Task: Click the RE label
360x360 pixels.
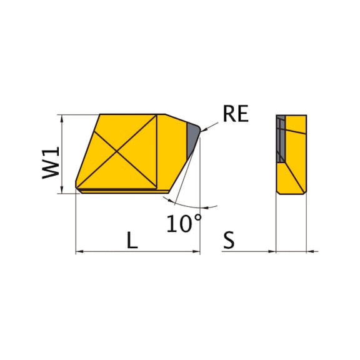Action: coord(236,114)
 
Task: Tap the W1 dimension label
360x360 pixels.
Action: coord(51,162)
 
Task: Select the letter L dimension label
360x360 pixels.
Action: coord(132,240)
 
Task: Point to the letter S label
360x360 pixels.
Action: coord(229,240)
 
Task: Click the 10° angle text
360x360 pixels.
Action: coord(184,223)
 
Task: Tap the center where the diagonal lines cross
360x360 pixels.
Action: coord(117,151)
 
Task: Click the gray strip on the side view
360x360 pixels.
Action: coord(281,139)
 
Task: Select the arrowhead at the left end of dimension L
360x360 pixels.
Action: coord(79,251)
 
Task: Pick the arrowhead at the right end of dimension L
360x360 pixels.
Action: coord(196,251)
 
